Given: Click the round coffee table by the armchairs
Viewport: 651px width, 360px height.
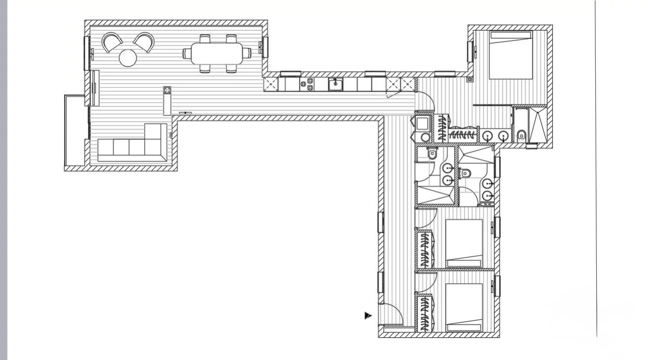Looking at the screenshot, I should [128, 58].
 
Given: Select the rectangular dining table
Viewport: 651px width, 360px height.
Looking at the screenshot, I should [217, 53].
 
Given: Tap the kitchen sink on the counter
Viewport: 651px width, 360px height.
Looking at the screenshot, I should [336, 84].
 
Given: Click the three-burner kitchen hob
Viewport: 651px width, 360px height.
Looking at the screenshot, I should [310, 84].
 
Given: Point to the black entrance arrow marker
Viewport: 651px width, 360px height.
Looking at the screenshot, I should [368, 316].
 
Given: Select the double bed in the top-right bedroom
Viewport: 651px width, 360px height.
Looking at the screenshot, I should [510, 55].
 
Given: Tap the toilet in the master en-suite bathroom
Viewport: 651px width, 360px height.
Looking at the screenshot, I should [521, 134].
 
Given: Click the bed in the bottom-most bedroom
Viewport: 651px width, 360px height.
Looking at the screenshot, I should [464, 307].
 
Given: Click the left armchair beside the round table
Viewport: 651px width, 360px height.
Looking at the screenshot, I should [112, 41].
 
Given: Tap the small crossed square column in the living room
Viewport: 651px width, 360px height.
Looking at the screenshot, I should [168, 90].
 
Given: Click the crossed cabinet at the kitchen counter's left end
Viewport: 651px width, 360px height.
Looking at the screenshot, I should [271, 84].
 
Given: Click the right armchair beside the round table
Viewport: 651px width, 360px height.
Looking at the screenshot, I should [144, 41].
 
